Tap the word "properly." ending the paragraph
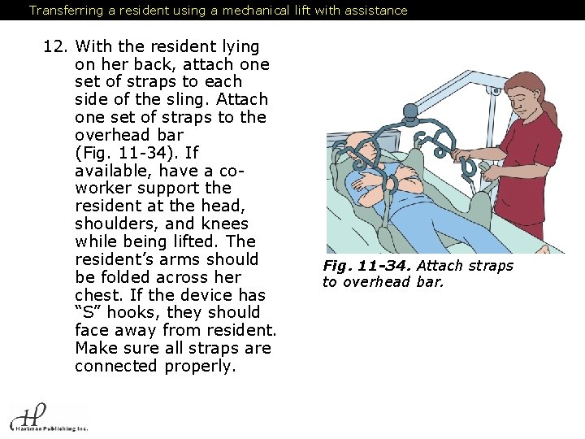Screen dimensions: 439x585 pos(201,367)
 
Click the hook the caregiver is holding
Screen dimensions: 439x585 pos(470,166)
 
